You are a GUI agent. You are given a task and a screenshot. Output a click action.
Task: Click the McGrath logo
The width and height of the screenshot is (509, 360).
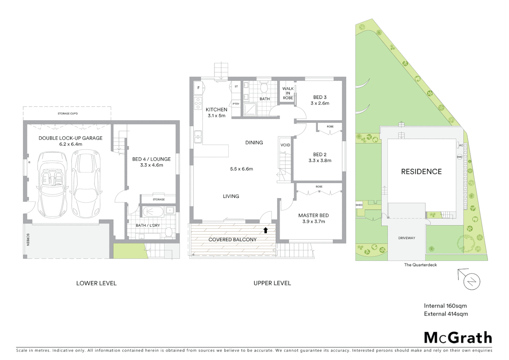click(458, 338)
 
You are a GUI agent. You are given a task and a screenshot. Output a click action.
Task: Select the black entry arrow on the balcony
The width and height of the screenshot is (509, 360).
click(265, 230)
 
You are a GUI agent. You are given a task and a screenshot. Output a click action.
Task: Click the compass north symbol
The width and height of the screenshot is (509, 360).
click(472, 282)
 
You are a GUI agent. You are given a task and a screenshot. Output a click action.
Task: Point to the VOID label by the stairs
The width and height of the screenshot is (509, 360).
click(285, 145)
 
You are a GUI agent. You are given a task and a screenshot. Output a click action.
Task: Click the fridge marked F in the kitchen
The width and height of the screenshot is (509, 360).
click(199, 88)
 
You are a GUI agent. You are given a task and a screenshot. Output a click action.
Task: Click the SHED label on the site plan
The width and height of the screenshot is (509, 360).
click(359, 205)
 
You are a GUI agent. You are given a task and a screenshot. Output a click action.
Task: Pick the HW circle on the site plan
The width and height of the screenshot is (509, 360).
click(459, 157)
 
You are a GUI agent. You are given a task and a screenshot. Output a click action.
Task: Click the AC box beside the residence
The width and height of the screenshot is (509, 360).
click(461, 145)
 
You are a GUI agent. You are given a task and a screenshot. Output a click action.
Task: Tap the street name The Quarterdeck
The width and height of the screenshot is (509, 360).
click(420, 265)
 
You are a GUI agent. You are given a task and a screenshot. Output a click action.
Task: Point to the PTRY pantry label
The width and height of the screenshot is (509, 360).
click(236, 104)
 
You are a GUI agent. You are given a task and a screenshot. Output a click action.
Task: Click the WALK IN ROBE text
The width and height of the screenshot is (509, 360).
click(288, 93)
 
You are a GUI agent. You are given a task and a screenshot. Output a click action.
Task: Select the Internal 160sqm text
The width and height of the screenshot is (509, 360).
click(445, 306)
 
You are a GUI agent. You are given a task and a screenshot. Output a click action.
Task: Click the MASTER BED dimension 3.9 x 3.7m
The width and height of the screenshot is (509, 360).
click(313, 221)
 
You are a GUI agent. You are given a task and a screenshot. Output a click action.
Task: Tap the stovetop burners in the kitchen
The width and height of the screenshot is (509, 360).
click(198, 103)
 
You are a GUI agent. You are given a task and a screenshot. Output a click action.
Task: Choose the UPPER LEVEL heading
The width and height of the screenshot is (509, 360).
click(272, 283)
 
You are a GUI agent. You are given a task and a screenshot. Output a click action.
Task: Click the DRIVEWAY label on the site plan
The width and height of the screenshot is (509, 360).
click(407, 238)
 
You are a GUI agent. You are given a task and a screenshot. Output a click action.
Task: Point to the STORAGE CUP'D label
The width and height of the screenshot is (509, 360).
click(68, 114)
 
